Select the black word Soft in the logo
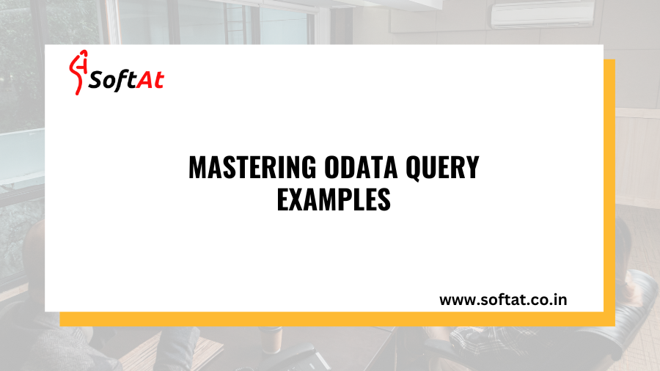click(112, 79)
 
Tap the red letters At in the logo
click(150, 78)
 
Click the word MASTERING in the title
click(242, 168)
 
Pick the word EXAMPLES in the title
click(333, 199)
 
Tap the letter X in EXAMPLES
click(296, 199)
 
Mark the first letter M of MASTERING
click(197, 168)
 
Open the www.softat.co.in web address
click(502, 299)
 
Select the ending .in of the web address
click(558, 299)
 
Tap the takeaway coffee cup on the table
click(274, 340)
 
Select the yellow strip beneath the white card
click(330, 319)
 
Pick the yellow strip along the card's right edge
click(609, 183)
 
